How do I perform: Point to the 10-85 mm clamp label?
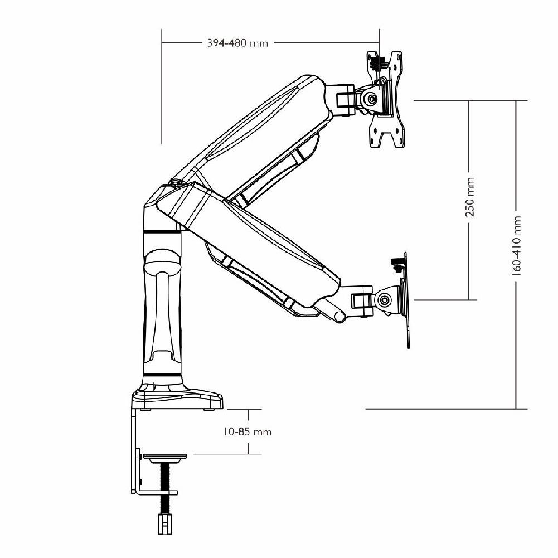click(248, 431)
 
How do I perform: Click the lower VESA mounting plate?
click(405, 301)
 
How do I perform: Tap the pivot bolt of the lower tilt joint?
click(384, 300)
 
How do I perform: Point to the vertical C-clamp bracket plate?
click(135, 452)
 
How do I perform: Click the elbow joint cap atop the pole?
click(176, 182)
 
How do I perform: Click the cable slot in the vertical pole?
click(163, 312)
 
